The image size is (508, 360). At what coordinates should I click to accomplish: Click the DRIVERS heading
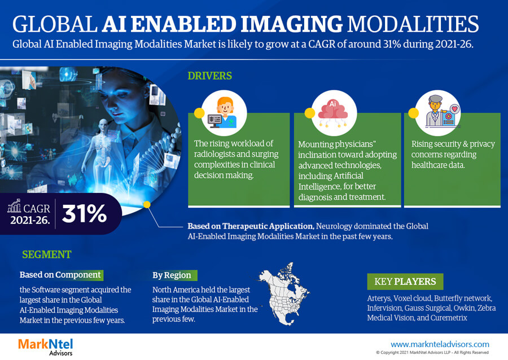coord(209,76)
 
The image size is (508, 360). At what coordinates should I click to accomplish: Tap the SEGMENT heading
coord(47,254)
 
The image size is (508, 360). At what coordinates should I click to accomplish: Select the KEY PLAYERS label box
coord(405,282)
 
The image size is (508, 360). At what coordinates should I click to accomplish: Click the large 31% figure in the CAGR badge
coord(84,213)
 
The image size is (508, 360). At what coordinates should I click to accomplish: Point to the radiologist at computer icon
coord(224,113)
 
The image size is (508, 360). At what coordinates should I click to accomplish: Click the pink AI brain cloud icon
coord(333,113)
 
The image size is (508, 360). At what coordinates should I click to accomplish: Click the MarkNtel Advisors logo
coord(45,346)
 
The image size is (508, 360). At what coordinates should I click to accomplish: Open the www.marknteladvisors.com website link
coord(440,344)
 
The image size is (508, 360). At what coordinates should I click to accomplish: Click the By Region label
coord(172,275)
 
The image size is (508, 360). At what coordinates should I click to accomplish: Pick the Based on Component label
coord(60,275)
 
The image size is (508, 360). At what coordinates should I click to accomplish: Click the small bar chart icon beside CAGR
coord(14,206)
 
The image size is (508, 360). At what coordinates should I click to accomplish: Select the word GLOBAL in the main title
coord(55,24)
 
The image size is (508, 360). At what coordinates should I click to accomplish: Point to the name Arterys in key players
coord(379,298)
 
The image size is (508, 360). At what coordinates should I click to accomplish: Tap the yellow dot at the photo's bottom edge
coord(147,205)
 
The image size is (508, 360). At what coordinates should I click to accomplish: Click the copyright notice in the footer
coord(432,353)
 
